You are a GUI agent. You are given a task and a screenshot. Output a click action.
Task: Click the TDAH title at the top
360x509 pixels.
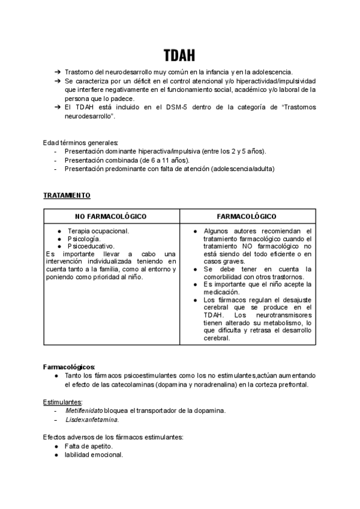[179, 55]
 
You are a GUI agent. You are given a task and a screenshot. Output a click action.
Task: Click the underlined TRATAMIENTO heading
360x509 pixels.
[67, 196]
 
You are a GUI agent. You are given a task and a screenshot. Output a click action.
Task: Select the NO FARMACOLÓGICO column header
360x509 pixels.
[111, 216]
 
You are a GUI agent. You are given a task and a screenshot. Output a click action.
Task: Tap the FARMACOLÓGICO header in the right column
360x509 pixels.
[247, 216]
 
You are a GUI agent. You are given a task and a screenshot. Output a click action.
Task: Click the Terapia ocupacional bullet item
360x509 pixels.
[98, 230]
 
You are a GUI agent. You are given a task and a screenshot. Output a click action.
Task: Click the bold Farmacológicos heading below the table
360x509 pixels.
[69, 366]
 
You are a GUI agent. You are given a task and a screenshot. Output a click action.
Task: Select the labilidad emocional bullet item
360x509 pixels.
[94, 454]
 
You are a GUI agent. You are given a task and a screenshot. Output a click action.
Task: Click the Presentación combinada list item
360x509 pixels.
[127, 160]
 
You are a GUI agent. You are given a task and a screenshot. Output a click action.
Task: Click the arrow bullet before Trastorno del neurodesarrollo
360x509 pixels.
[57, 72]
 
